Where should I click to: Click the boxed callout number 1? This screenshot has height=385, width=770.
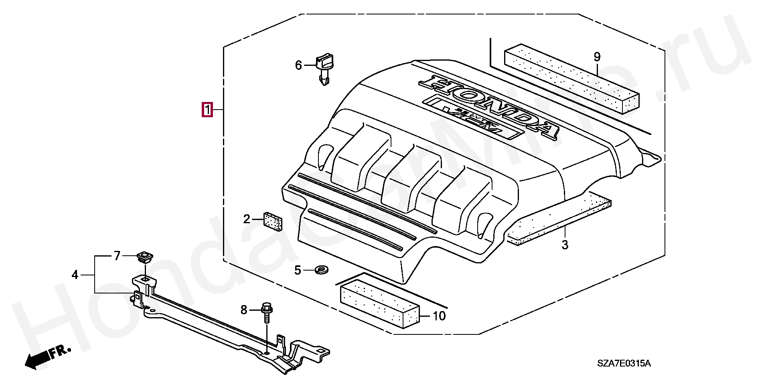click(x=207, y=110)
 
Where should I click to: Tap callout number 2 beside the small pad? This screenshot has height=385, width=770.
click(x=247, y=219)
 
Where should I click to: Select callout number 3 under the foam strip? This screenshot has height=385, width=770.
click(x=565, y=244)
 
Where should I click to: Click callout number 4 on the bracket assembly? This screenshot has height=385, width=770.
click(x=75, y=275)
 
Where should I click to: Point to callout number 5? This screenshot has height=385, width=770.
click(x=298, y=271)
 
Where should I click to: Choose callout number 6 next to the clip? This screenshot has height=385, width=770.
click(x=298, y=65)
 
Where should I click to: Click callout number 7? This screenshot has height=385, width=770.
click(x=117, y=256)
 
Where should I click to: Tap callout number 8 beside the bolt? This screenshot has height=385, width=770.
click(x=244, y=310)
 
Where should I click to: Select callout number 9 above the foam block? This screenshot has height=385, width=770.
click(x=597, y=57)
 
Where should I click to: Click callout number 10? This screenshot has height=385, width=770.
click(x=439, y=316)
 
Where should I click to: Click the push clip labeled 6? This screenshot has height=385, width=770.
click(x=325, y=68)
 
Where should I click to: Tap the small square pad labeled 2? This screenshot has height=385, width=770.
click(x=273, y=221)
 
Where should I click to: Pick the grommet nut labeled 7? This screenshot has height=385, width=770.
click(x=144, y=257)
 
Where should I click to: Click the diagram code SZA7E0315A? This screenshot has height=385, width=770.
click(x=624, y=364)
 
